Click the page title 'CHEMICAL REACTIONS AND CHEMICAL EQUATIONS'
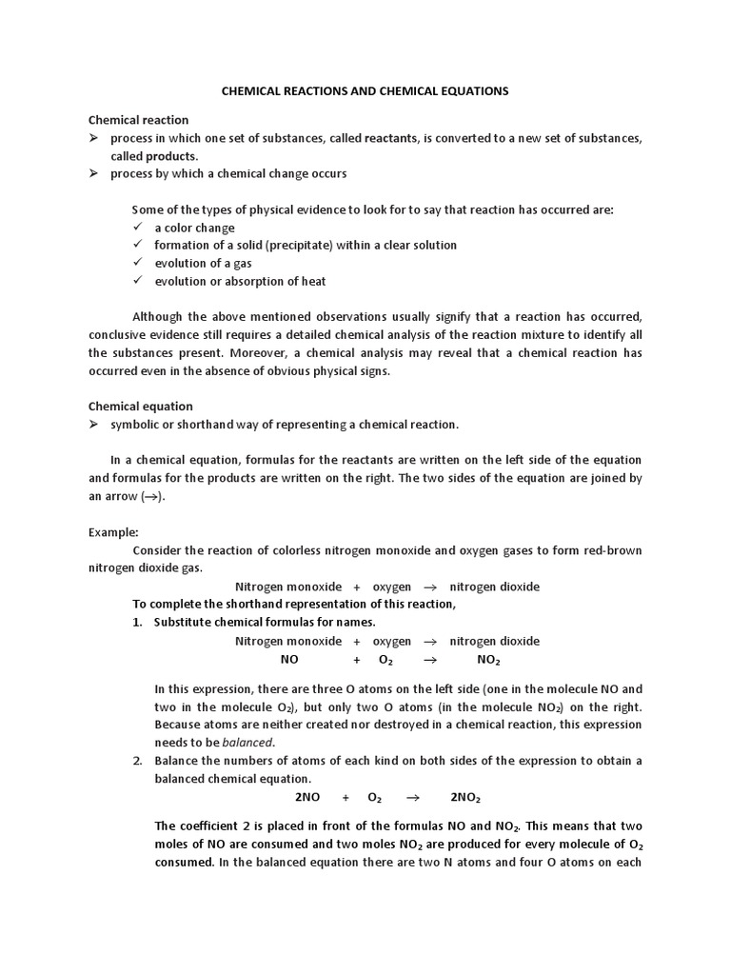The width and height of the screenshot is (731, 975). coord(365,90)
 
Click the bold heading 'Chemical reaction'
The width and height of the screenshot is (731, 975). coord(138,120)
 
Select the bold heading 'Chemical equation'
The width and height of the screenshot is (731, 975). coord(140,406)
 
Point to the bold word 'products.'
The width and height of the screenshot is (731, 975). coord(171,156)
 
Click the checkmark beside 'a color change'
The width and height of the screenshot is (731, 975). coord(138,227)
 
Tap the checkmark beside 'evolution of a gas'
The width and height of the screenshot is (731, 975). coord(138,263)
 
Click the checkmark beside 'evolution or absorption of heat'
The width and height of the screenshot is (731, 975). coord(138,281)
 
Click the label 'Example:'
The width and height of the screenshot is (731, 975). coord(113,531)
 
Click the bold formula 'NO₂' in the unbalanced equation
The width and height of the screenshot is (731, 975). coord(488,660)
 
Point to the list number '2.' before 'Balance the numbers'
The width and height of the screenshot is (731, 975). coord(137,760)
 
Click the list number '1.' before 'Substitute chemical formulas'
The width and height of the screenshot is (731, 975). coord(137,623)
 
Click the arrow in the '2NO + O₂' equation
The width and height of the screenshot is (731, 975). coord(413,797)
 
